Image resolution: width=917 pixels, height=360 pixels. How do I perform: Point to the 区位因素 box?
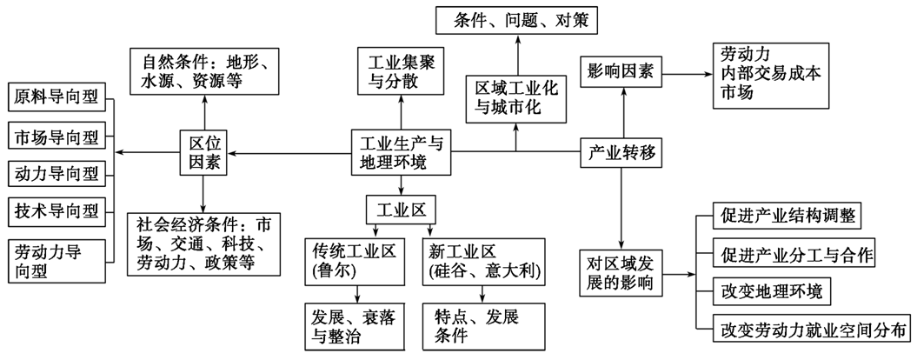[205, 153]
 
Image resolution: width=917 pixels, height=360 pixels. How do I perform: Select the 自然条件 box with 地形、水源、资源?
[205, 73]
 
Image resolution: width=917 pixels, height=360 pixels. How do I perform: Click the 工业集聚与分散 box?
[401, 73]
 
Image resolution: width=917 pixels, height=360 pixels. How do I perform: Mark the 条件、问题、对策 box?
[518, 20]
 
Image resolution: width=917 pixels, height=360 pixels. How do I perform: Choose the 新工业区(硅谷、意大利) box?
[485, 263]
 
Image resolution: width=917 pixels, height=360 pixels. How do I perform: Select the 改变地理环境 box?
[773, 290]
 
